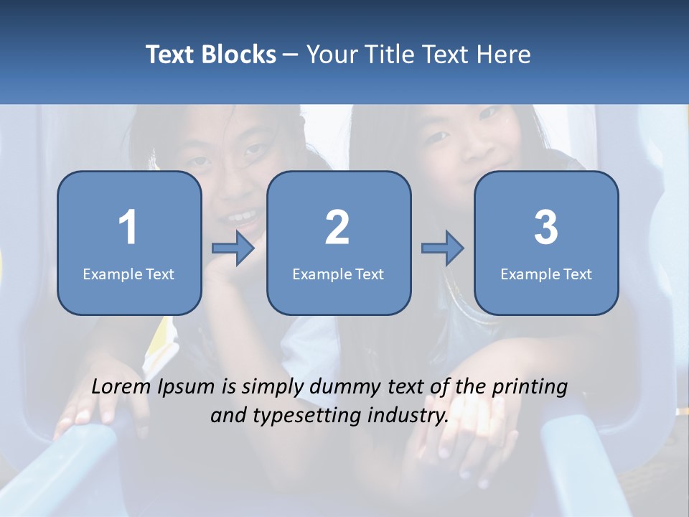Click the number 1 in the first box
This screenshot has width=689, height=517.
(128, 228)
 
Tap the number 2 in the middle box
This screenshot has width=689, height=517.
(337, 228)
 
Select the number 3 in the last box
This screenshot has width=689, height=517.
(546, 228)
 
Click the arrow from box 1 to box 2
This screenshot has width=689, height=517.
(233, 248)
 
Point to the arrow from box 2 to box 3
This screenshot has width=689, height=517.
(442, 248)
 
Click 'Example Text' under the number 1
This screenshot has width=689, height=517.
(128, 274)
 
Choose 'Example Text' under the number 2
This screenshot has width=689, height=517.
(338, 274)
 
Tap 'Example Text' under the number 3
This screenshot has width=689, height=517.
(546, 274)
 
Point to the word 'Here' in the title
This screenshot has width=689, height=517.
(506, 55)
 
